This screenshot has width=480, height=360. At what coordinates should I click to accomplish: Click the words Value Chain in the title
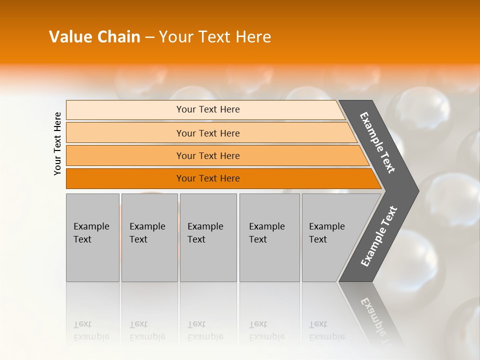[94, 37]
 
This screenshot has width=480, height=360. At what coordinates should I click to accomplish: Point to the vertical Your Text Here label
[57, 143]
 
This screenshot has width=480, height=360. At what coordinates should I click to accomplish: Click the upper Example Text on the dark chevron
[377, 142]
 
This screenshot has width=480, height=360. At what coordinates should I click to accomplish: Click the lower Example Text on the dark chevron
[378, 236]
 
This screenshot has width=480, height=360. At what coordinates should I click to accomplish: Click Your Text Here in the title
[215, 37]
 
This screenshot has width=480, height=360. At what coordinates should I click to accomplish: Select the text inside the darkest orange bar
[208, 178]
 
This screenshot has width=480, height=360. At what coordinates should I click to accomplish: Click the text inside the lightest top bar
[208, 109]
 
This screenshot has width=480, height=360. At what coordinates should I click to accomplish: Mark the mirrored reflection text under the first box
[91, 330]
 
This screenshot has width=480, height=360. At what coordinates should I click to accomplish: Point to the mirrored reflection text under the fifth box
[326, 330]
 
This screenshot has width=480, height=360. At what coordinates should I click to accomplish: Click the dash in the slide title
[149, 37]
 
